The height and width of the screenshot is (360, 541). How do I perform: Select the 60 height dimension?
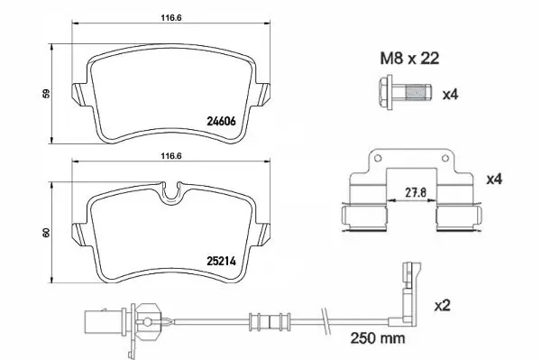tap(45, 234)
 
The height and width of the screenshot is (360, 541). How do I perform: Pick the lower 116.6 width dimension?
tap(170, 155)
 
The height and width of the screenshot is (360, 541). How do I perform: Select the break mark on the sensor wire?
tap(322, 317)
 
